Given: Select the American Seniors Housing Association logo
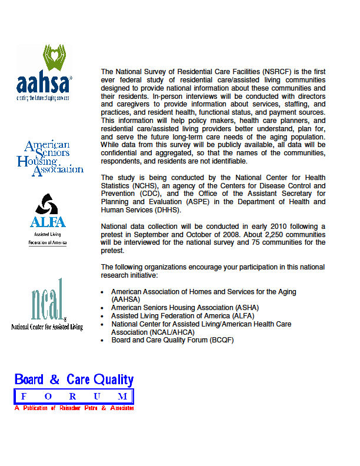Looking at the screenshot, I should (49, 157).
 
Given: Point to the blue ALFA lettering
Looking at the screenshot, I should (48, 222).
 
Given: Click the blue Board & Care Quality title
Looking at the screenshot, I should (74, 380).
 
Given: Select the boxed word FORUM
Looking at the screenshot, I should (74, 396).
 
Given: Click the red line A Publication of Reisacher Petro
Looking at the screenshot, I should (74, 408).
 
